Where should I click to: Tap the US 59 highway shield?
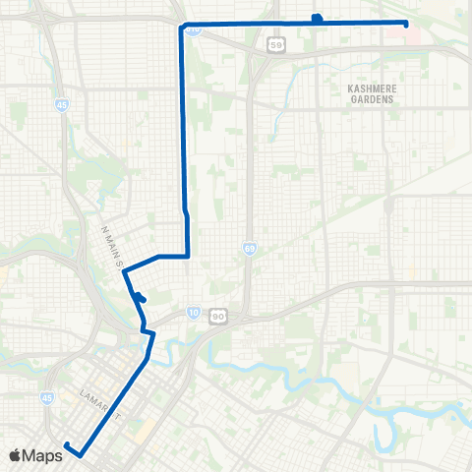(277, 44)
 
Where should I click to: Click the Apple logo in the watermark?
(16, 454)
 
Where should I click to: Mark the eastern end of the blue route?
(406, 24)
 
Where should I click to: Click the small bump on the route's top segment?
(316, 17)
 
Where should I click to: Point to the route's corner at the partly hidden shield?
(183, 26)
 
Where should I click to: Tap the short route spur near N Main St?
(141, 298)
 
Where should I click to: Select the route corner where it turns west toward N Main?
(187, 255)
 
